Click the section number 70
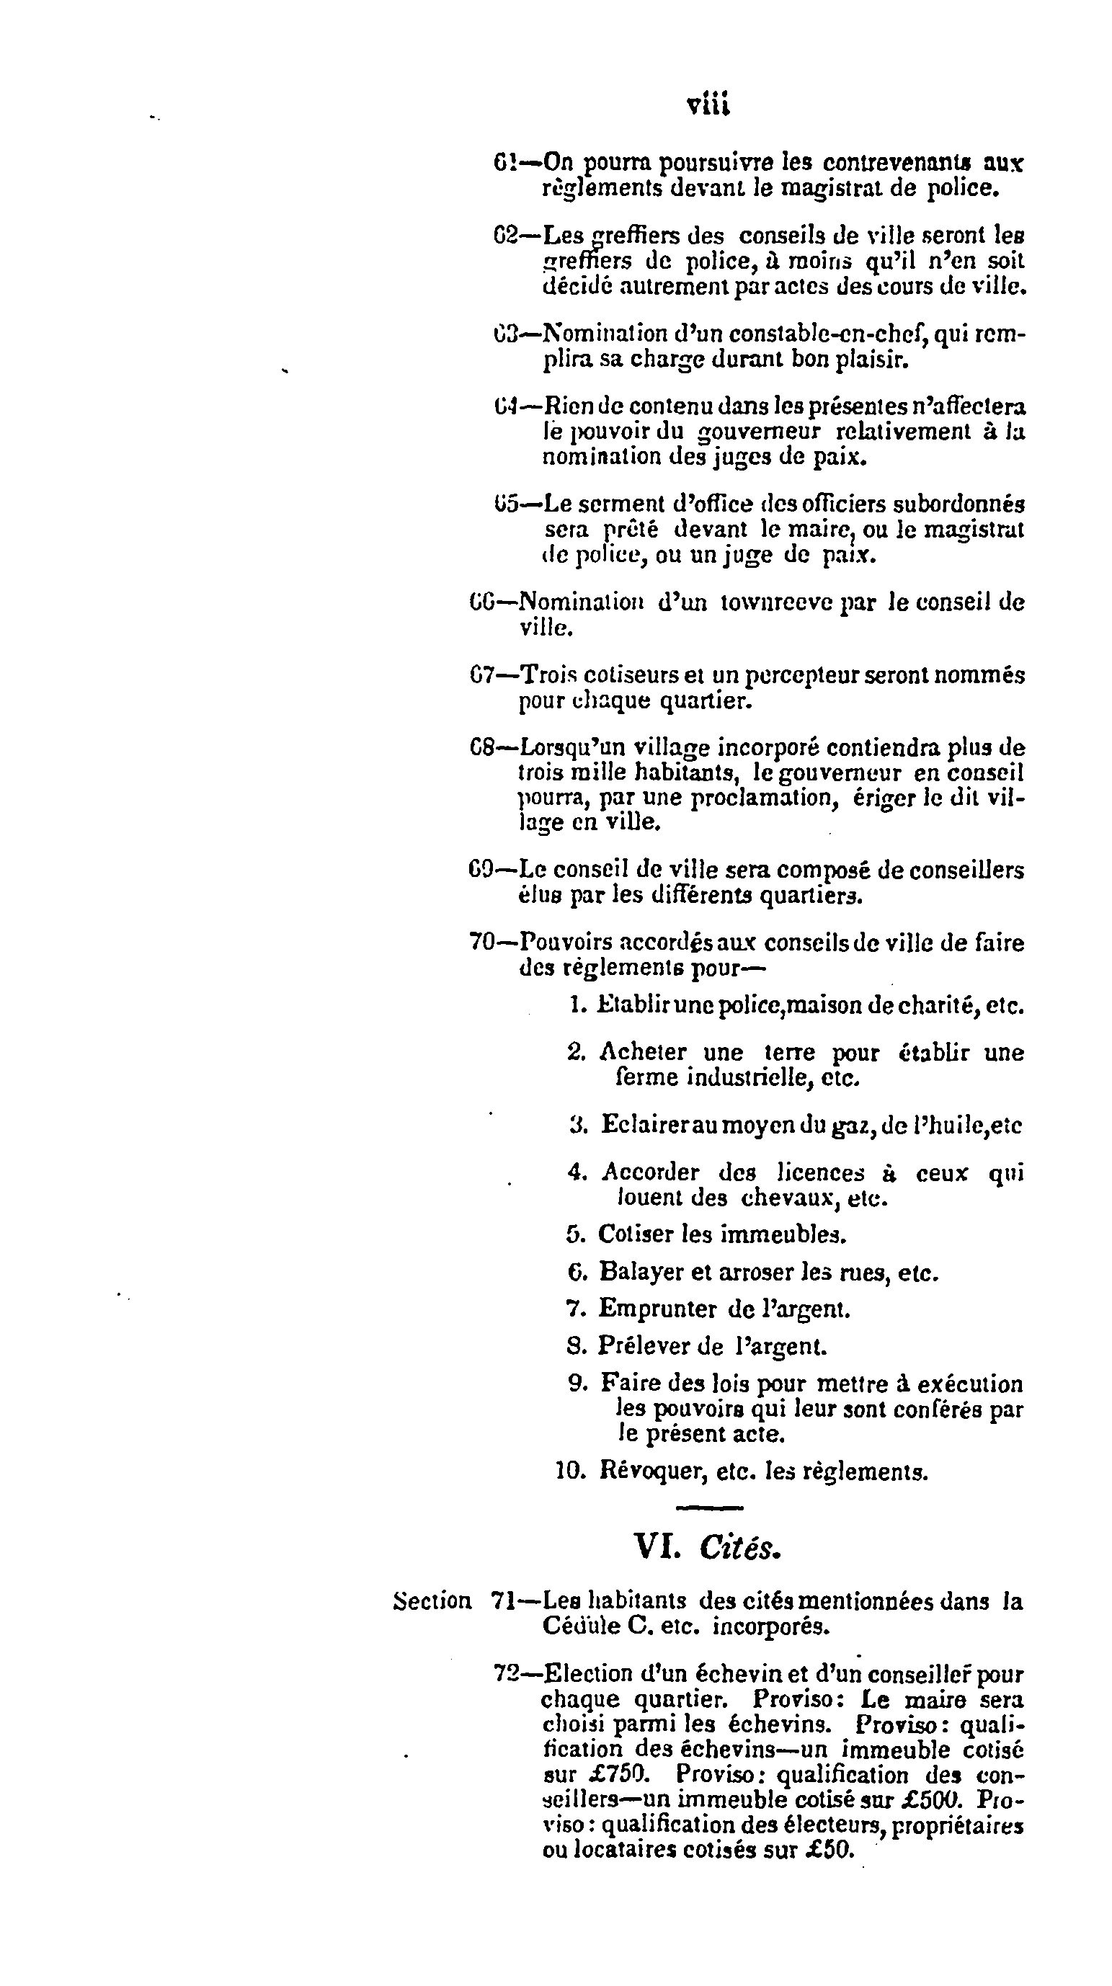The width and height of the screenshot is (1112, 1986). tap(481, 941)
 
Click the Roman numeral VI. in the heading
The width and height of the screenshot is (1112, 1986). tap(658, 1545)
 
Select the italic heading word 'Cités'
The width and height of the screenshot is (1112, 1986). tap(739, 1545)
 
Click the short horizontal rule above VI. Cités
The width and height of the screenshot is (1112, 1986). tap(708, 1507)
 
